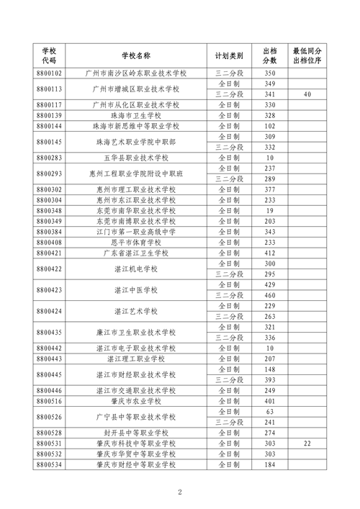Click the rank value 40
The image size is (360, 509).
[x=307, y=94]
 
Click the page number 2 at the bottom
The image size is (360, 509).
[x=180, y=492]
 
